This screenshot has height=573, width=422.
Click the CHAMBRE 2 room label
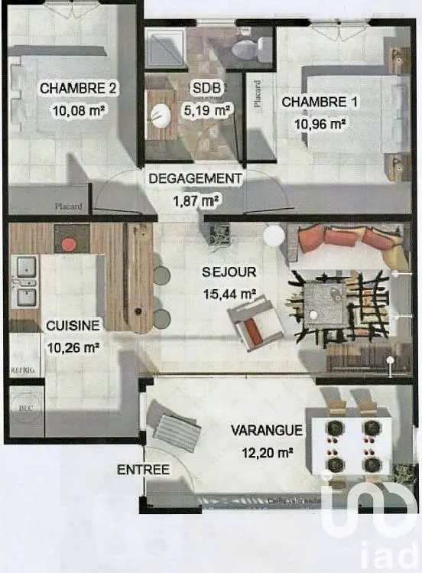[x=78, y=88]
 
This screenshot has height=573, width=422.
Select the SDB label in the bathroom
[x=206, y=88]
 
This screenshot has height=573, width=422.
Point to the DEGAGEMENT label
[x=195, y=178]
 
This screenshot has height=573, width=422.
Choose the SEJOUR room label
[x=229, y=272]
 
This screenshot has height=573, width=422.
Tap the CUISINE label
[x=73, y=325]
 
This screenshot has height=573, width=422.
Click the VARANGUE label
[x=267, y=430]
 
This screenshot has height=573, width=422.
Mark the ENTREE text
[x=143, y=470]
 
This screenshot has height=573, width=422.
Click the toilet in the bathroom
[x=246, y=49]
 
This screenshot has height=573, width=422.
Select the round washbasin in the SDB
[x=161, y=116]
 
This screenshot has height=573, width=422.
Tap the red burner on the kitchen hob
[x=69, y=245]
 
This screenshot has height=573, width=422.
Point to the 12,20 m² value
[x=267, y=453]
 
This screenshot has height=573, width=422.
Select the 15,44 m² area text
[x=229, y=292]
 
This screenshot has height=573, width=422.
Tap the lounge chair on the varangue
[x=177, y=431]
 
